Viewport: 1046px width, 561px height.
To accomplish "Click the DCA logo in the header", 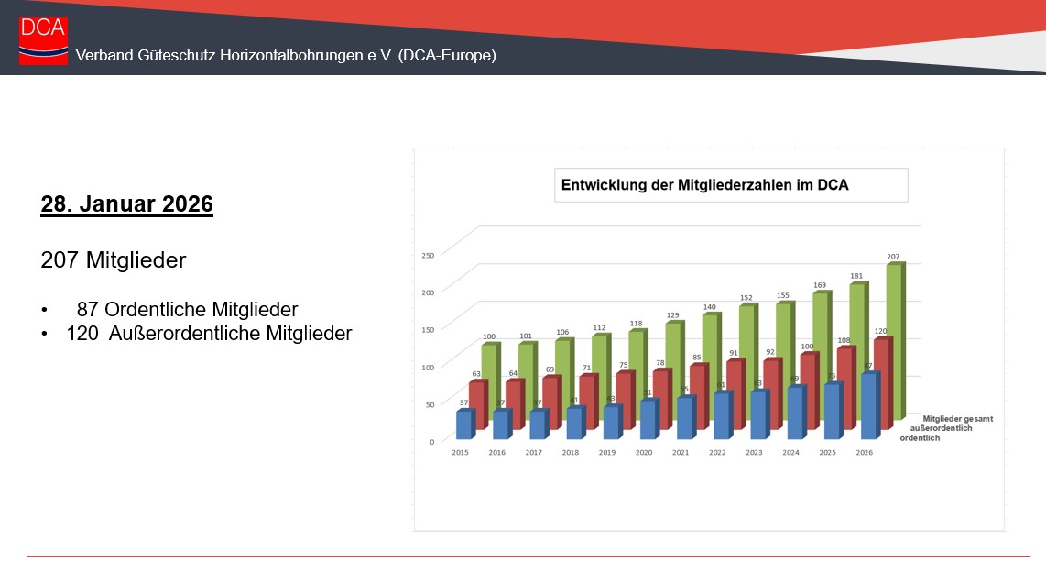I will (x=43, y=40).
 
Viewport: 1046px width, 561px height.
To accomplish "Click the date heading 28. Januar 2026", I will (x=126, y=204).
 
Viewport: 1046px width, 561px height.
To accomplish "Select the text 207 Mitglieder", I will (x=114, y=260).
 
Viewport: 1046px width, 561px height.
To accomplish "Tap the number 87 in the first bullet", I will (x=88, y=310).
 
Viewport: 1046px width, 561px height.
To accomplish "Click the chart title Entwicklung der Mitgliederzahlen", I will (x=703, y=185).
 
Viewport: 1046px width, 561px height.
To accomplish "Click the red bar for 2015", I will (x=477, y=403).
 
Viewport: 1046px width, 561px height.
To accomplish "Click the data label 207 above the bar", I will (x=893, y=257).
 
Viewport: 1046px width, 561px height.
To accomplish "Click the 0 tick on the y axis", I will (x=431, y=441).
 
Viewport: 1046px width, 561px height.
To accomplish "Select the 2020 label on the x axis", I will (x=643, y=453).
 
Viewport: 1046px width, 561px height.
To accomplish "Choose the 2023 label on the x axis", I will (x=754, y=453).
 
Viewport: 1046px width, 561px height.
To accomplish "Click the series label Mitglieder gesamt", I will (x=957, y=419).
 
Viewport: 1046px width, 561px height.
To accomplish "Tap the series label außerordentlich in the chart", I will (x=937, y=428).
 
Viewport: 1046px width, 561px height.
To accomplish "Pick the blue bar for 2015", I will (x=463, y=425).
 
